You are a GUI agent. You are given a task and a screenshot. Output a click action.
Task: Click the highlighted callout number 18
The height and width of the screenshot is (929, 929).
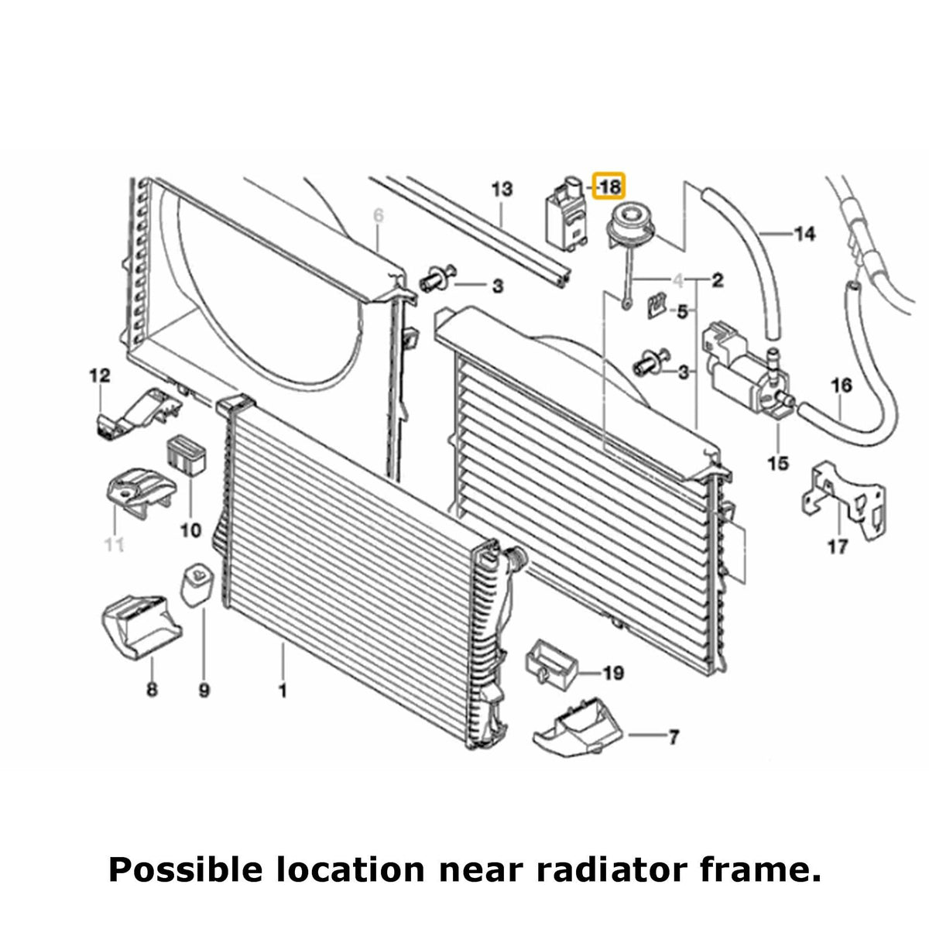[610, 187]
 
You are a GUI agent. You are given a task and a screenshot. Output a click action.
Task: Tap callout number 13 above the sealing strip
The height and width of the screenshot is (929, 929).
[502, 189]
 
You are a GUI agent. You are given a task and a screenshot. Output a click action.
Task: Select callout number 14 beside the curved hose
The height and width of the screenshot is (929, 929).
[804, 234]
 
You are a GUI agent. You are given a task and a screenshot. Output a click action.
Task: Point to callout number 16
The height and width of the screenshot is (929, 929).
[842, 386]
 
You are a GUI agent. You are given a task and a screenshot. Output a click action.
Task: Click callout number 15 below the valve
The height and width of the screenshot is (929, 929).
[778, 463]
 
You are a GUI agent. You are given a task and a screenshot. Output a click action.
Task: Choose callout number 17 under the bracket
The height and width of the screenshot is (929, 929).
[838, 547]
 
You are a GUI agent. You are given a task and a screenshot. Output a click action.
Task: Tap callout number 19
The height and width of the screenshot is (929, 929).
[613, 673]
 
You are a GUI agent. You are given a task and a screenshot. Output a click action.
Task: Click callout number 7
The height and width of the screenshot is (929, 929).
[673, 737]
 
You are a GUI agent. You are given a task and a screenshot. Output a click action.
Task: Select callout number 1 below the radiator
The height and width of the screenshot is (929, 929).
[283, 691]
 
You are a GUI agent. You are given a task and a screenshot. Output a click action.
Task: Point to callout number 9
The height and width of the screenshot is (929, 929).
[204, 691]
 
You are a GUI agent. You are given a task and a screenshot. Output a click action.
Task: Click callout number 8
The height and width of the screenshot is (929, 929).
[152, 691]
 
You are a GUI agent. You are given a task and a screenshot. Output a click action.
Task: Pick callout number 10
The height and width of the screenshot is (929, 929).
[190, 531]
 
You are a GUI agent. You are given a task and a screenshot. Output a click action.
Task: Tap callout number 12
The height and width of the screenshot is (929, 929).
[100, 375]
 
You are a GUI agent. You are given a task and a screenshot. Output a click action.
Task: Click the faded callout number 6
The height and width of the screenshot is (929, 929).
[379, 216]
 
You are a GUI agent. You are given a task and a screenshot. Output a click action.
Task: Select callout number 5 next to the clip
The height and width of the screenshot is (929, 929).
[682, 313]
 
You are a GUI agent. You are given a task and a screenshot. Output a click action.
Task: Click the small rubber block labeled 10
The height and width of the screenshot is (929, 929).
[187, 455]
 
